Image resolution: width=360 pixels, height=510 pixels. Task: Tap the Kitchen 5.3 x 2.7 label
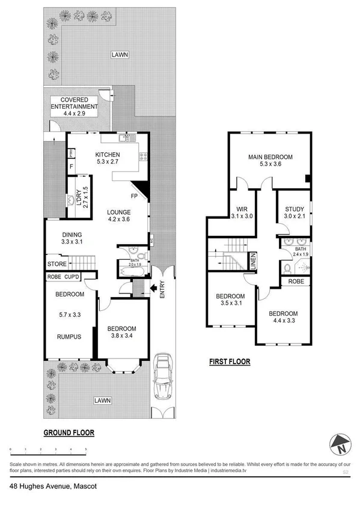(108, 158)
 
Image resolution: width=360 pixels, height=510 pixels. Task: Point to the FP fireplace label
(134, 196)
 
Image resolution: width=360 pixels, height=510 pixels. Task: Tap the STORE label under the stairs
(57, 263)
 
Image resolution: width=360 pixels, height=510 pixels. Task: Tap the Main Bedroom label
(270, 161)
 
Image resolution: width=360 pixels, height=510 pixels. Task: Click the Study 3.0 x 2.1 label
(294, 212)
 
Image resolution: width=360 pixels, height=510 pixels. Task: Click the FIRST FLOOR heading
(229, 362)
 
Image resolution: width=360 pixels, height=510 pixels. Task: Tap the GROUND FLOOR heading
(69, 432)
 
